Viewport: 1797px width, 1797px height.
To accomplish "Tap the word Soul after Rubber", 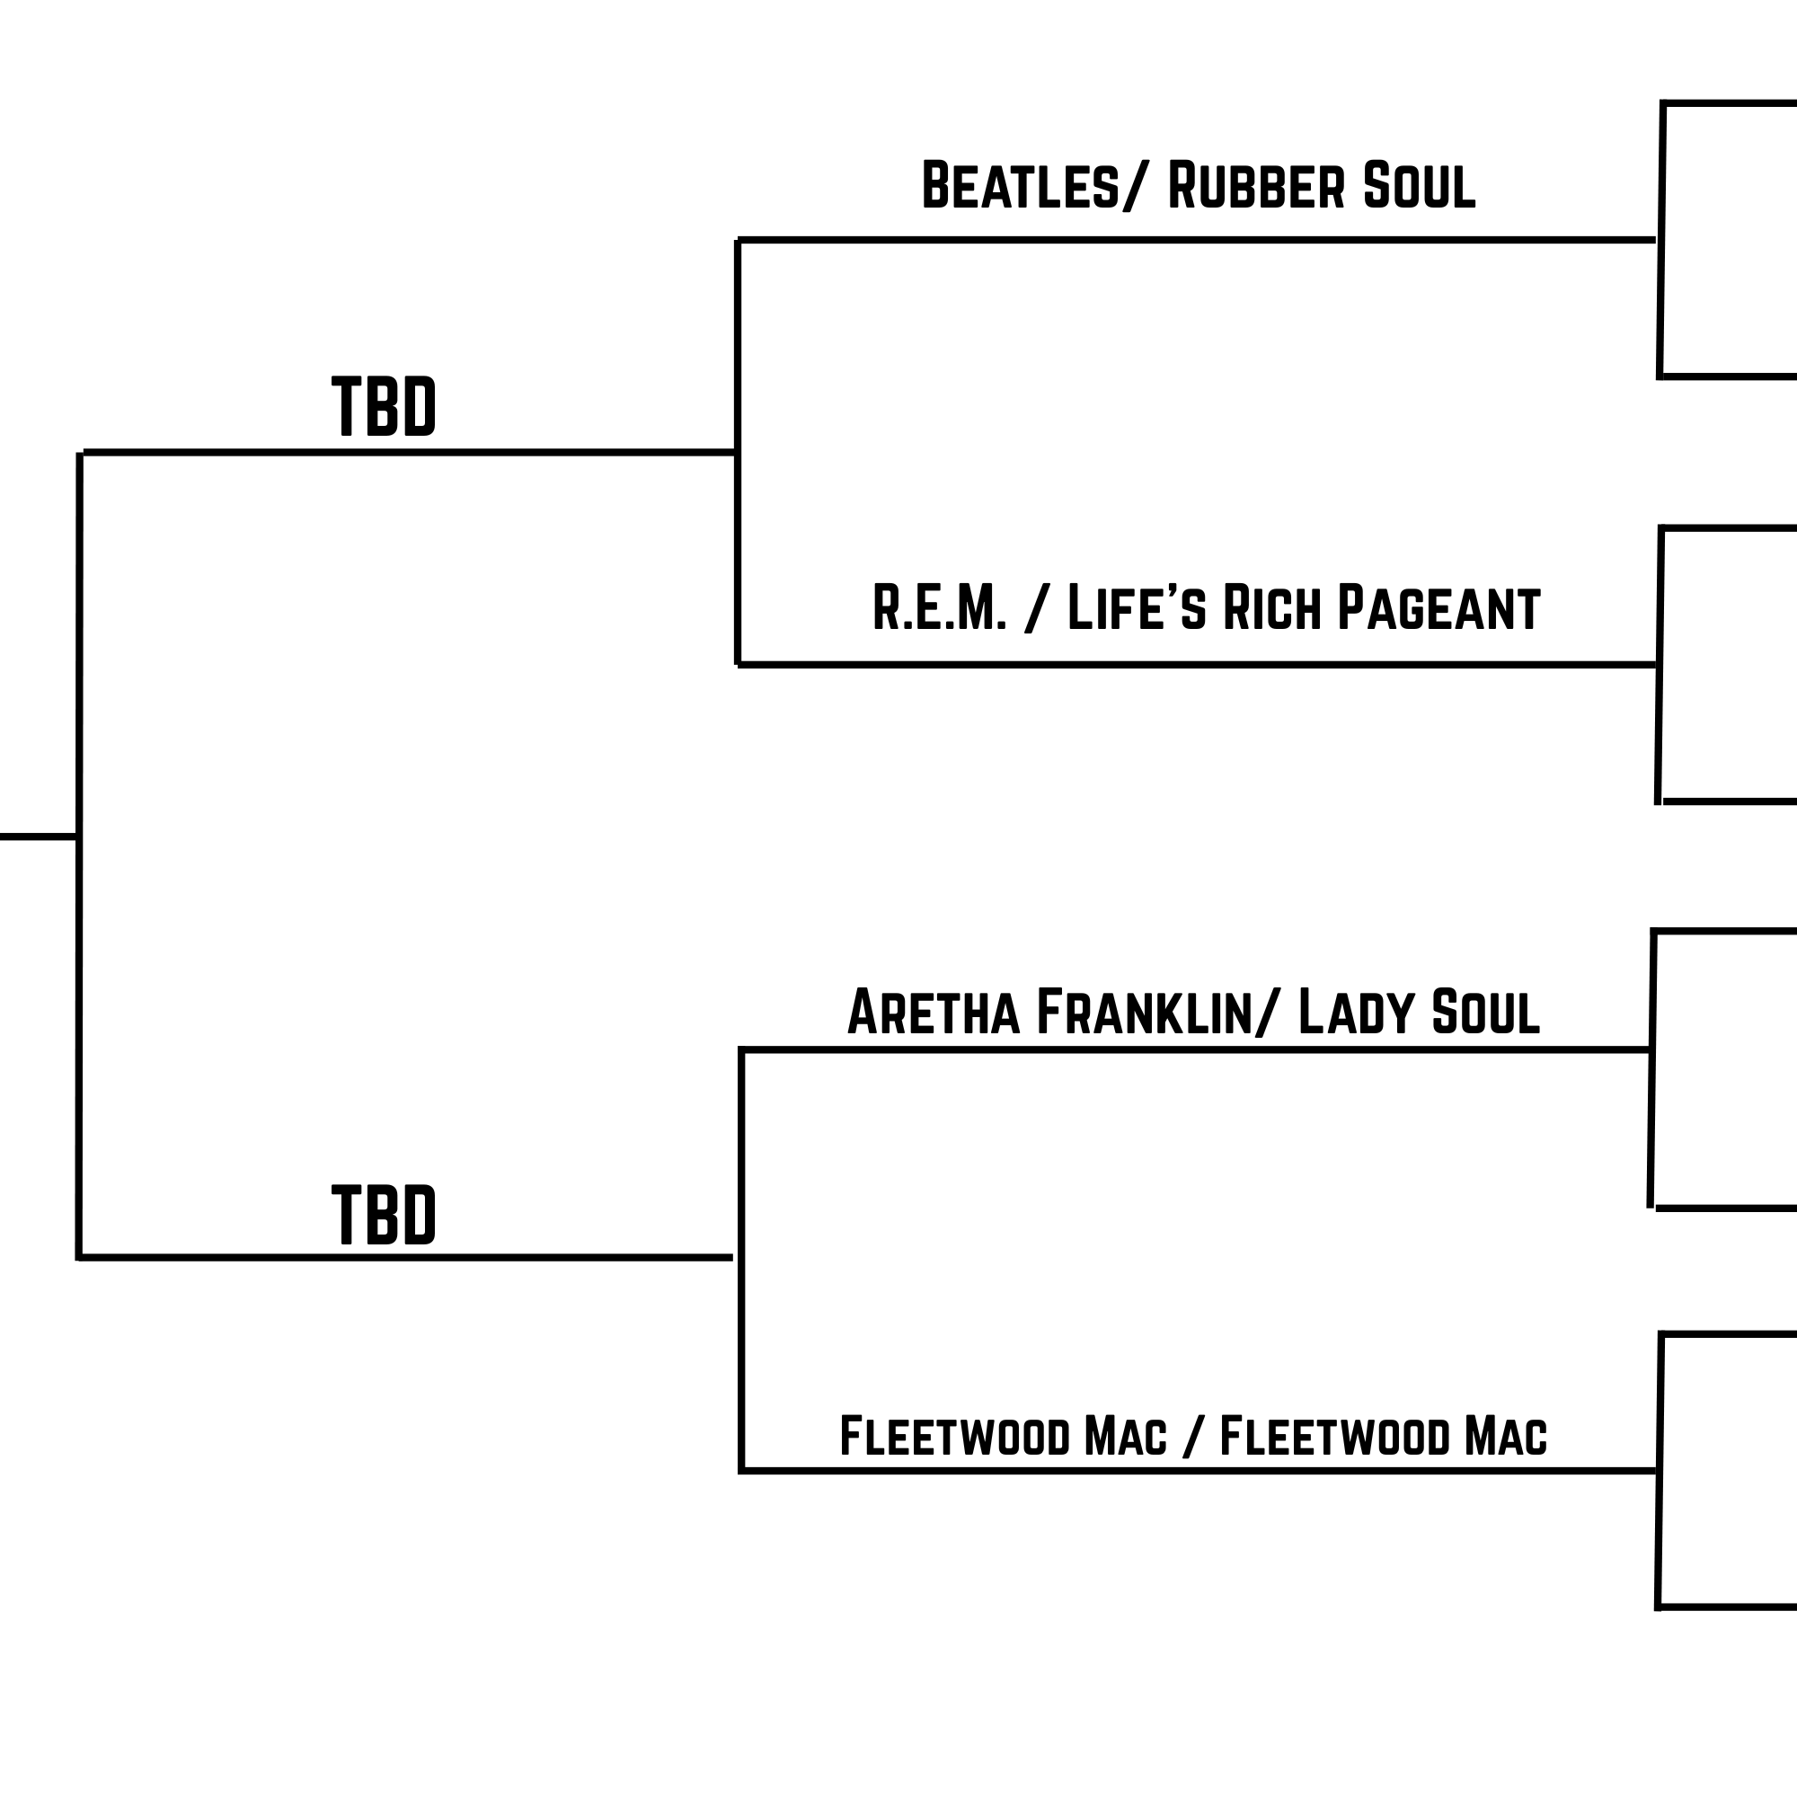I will (1420, 185).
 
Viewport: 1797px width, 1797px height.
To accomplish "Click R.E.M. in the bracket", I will (940, 608).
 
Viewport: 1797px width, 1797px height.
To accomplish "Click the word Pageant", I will (1438, 608).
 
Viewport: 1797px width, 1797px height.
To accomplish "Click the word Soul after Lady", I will (1485, 1012).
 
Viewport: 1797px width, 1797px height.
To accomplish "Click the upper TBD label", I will (384, 405).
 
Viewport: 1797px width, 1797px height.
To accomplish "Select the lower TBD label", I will (384, 1215).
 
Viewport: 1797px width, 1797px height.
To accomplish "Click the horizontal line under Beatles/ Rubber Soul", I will (1195, 240).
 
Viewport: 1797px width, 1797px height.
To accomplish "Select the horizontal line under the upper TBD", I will (409, 453).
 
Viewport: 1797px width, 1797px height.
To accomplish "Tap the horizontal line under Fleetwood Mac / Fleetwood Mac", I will (1198, 1471).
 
